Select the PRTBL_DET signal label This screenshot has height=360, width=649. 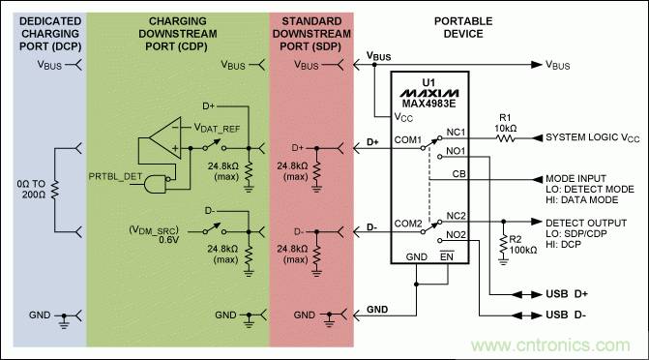click(117, 175)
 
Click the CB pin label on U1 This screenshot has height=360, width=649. click(459, 174)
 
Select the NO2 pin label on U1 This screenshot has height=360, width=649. click(458, 234)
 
